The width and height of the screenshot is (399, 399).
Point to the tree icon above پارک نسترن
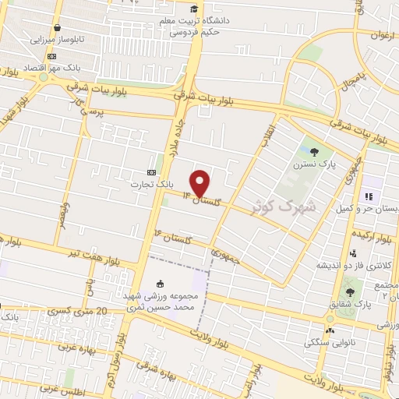point(314,152)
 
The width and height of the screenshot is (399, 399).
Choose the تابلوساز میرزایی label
point(53,37)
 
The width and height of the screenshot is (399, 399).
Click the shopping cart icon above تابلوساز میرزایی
point(58,26)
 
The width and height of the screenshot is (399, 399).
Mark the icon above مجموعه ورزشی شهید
point(161,284)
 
